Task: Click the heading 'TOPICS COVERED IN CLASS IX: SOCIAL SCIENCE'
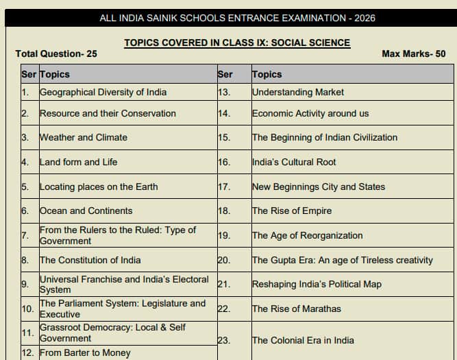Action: [237, 43]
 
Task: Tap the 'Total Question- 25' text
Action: [56, 53]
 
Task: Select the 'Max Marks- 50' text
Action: [413, 53]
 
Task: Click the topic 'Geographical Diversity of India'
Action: [103, 92]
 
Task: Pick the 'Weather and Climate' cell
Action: [83, 137]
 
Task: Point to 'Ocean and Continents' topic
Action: [86, 211]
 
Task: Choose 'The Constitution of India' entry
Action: [90, 260]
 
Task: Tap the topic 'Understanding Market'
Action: [298, 92]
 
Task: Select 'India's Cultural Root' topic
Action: [294, 162]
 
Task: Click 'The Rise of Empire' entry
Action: [292, 211]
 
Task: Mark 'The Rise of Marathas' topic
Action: [296, 309]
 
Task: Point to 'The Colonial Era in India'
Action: [303, 340]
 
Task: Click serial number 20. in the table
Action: [223, 260]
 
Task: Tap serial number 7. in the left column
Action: [25, 235]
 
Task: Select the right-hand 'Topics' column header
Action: [267, 74]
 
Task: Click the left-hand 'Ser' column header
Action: [29, 74]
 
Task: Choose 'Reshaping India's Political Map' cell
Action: [317, 284]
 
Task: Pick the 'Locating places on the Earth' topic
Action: [99, 187]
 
